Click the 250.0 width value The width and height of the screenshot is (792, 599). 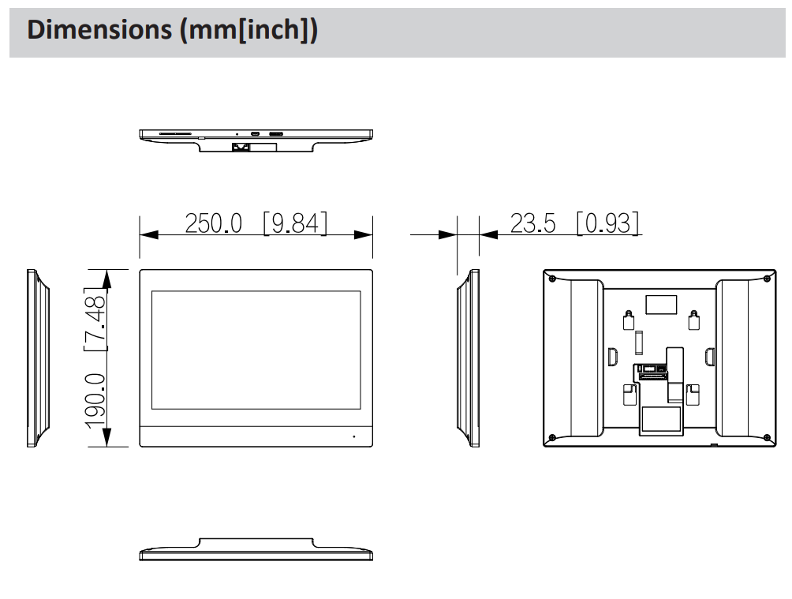[213, 224]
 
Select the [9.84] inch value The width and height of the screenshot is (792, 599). [296, 224]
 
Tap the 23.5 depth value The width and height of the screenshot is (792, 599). [532, 224]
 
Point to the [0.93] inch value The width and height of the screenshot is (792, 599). [608, 224]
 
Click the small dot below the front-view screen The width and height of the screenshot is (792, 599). [353, 436]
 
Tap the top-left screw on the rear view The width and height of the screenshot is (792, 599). [551, 279]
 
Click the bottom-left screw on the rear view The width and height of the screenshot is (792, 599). [551, 437]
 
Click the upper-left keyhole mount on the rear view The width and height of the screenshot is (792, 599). [628, 319]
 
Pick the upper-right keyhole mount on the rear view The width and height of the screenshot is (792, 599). [693, 319]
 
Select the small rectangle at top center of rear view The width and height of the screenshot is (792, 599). [660, 304]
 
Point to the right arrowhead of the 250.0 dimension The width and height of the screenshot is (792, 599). [364, 234]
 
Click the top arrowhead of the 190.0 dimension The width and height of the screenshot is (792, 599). [108, 278]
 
